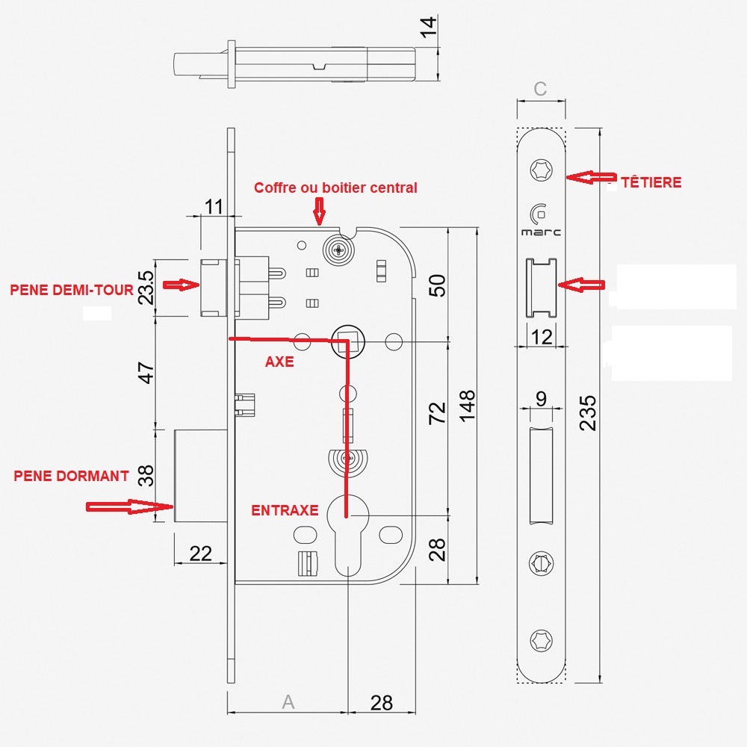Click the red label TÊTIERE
pos(651,182)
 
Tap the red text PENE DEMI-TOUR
pos(71,290)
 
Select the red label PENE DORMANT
pos(72,476)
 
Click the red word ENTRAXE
pos(285,511)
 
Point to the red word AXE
pos(279,362)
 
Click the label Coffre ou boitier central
pos(335,187)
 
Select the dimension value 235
pos(589,412)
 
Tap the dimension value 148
pos(468,406)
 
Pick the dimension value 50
pos(438,285)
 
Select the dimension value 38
pos(146,475)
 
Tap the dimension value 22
pos(201,554)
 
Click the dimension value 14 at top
pos(427,28)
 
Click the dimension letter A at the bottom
pos(288,702)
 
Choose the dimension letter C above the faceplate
pos(541,89)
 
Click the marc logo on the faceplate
pos(541,221)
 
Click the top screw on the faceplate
pos(541,170)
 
